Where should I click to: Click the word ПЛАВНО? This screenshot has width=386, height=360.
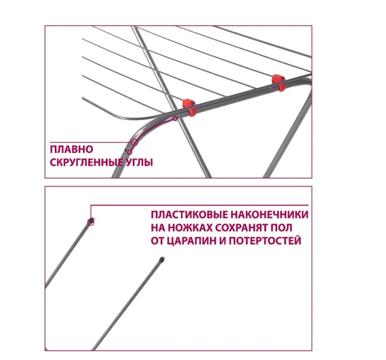click(72, 149)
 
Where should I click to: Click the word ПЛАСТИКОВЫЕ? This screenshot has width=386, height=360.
click(189, 214)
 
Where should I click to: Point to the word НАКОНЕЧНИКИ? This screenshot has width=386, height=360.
click(270, 214)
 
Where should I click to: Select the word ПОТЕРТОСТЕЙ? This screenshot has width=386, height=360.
click(265, 241)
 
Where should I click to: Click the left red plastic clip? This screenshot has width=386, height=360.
click(189, 107)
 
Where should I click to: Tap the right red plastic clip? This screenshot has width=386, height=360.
click(279, 83)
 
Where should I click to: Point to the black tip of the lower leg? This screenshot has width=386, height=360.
click(162, 259)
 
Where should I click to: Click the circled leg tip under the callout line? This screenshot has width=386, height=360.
click(91, 222)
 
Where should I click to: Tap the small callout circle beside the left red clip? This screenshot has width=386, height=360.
click(175, 119)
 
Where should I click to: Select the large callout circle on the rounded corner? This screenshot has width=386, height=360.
click(135, 142)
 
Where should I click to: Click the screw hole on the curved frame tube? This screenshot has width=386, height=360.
click(125, 150)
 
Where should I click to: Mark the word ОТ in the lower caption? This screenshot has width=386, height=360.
click(157, 241)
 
